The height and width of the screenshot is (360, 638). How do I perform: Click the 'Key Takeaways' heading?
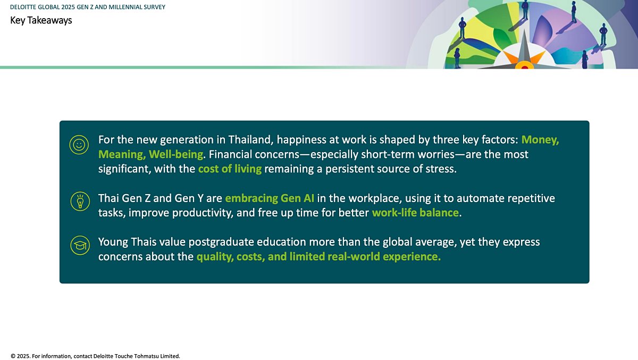pos(41,21)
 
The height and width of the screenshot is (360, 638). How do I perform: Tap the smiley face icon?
pos(79,145)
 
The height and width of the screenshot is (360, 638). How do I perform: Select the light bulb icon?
pos(80,202)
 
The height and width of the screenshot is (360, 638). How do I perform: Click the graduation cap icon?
pos(80,245)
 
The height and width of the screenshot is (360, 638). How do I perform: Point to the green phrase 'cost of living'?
pos(230,169)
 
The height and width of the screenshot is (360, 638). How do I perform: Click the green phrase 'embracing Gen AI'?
pos(270,198)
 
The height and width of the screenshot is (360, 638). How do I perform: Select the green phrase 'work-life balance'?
pos(415,213)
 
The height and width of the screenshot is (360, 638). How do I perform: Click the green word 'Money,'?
pos(540,140)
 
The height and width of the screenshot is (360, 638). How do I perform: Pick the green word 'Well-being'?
pos(176,154)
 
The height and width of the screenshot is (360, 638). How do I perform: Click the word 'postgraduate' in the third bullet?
pos(221,242)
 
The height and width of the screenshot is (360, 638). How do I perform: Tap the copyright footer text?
pos(95,356)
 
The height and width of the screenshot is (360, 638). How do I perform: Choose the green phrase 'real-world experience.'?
pos(384,257)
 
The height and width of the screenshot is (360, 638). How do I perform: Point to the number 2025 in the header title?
pos(68,7)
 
